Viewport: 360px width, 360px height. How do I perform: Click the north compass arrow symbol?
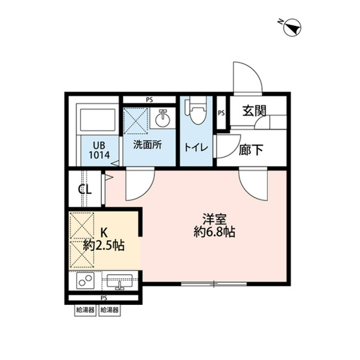[x=293, y=27]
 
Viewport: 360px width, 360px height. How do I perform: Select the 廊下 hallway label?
[x=252, y=150]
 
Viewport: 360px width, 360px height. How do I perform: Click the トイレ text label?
[x=196, y=147]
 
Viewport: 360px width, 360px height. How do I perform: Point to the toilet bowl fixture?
[x=197, y=112]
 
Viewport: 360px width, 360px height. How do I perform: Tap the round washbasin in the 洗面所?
[x=163, y=119]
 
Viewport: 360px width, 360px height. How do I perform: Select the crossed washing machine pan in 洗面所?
[x=137, y=120]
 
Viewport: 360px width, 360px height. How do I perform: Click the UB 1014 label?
[x=98, y=149]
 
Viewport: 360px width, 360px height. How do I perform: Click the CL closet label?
[x=84, y=189]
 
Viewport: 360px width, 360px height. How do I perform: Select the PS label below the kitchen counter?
[x=104, y=298]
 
